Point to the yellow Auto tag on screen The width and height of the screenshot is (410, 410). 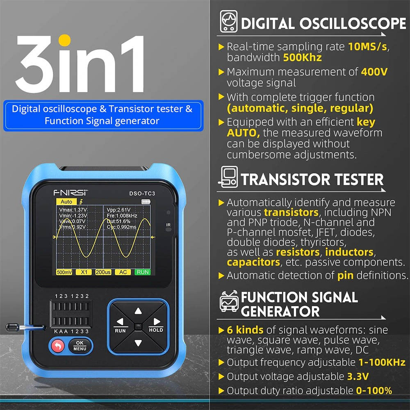click(x=66, y=202)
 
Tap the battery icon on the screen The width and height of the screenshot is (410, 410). click(x=146, y=202)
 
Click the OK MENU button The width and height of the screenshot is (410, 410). click(x=80, y=346)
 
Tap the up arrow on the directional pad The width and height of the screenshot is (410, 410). click(x=138, y=311)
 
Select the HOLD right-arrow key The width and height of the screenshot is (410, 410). click(x=156, y=324)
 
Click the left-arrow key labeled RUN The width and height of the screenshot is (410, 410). click(x=120, y=324)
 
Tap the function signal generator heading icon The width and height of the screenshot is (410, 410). click(x=229, y=303)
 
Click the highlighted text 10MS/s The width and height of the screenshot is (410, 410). click(x=367, y=46)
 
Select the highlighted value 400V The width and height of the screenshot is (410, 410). click(x=374, y=72)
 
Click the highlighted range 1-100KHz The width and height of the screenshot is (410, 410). click(x=382, y=362)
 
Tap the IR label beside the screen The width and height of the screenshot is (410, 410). click(x=168, y=225)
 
